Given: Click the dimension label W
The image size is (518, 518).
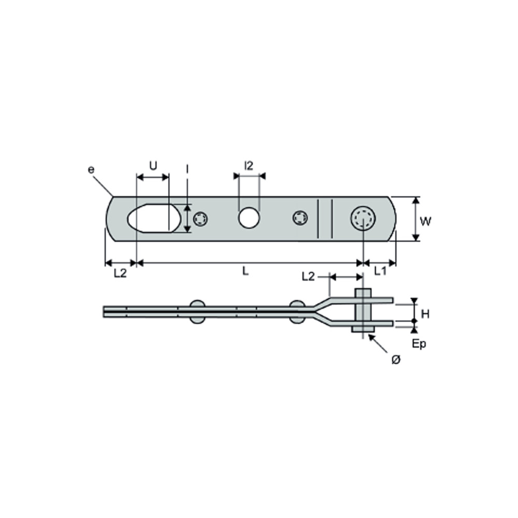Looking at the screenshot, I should pyautogui.click(x=425, y=222).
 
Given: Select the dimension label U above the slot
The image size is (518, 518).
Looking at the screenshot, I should pyautogui.click(x=153, y=166).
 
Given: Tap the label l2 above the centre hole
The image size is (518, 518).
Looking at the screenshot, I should pyautogui.click(x=249, y=166).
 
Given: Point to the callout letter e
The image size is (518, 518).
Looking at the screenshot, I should pyautogui.click(x=91, y=169).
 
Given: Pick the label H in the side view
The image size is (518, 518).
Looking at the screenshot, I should pyautogui.click(x=425, y=313).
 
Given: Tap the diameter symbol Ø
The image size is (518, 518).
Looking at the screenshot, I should pyautogui.click(x=396, y=360).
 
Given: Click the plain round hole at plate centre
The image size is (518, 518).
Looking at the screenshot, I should pyautogui.click(x=249, y=218).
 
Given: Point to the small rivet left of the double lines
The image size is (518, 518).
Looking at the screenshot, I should pyautogui.click(x=300, y=219).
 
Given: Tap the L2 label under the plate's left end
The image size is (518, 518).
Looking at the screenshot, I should pyautogui.click(x=120, y=273).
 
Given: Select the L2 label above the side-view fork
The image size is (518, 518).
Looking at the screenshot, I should pyautogui.click(x=308, y=277).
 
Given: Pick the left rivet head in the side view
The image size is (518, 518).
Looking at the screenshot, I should pyautogui.click(x=197, y=311).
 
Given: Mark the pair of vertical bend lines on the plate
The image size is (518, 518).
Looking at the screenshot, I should pyautogui.click(x=325, y=219).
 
